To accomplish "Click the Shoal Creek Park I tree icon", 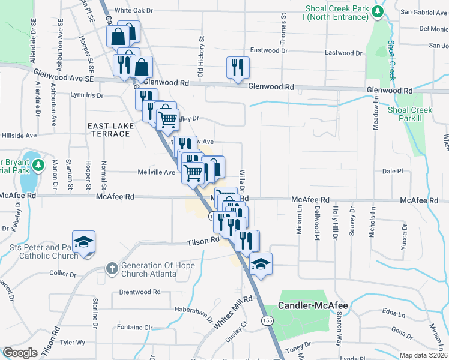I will coord(378,12).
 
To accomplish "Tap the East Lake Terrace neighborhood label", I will coord(109,130).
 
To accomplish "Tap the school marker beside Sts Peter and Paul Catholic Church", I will coord(83,242).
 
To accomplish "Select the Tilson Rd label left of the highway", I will coord(202,241).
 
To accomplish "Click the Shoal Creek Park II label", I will coord(410,114).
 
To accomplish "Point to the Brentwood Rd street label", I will coord(140,292).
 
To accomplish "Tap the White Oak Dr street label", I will coord(134,10).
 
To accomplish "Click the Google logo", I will coord(20,353).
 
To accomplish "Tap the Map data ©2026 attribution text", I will coord(424,355).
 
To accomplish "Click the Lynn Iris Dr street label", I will coord(87,95).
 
